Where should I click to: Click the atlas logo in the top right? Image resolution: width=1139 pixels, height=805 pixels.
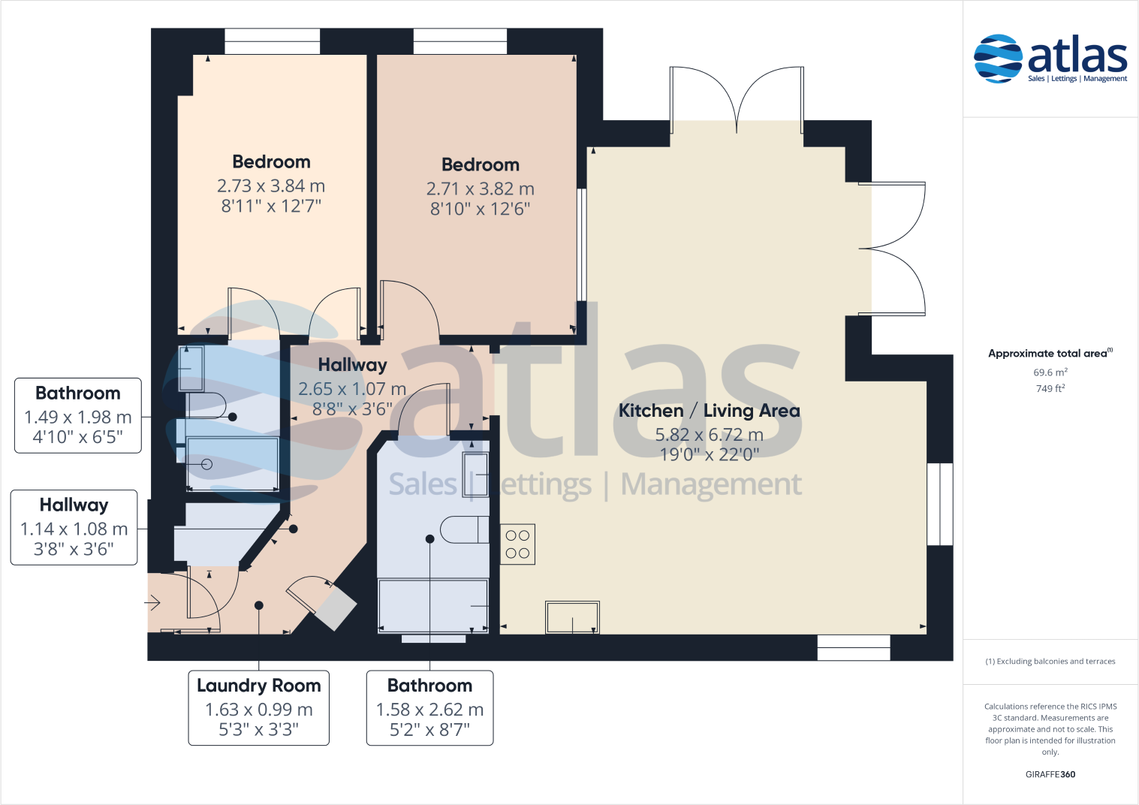point(1050,59)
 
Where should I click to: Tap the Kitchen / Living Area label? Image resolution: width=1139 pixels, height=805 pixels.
point(709,411)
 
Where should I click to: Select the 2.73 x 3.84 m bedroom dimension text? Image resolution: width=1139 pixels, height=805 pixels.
point(271,185)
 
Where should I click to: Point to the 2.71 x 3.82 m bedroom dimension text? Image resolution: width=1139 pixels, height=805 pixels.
point(480,188)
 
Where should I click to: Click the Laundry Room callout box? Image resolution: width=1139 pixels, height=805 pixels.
point(258,707)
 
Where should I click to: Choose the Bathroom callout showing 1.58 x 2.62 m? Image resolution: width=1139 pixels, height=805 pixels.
point(429,707)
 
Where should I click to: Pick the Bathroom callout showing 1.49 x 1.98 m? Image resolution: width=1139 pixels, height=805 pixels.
point(78,415)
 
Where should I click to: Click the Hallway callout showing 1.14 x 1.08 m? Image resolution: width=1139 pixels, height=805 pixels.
point(74,527)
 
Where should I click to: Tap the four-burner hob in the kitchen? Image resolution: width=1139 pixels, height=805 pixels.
point(517,544)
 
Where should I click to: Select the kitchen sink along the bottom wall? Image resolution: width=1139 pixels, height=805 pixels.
point(572,617)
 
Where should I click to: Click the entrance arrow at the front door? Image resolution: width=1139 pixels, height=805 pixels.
point(153,602)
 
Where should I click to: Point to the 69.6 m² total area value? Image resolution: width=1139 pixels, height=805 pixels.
point(1050,372)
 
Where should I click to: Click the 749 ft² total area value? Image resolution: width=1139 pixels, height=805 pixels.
point(1050,389)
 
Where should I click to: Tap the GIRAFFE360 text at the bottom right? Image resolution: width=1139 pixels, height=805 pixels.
point(1050,774)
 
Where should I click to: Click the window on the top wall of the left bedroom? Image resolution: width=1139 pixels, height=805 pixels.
point(272,41)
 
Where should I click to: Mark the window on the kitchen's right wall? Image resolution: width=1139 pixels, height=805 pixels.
point(939,504)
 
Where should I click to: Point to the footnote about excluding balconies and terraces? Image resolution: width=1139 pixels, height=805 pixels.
point(1050,662)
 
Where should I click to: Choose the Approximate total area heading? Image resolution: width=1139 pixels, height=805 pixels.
point(1049,354)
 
